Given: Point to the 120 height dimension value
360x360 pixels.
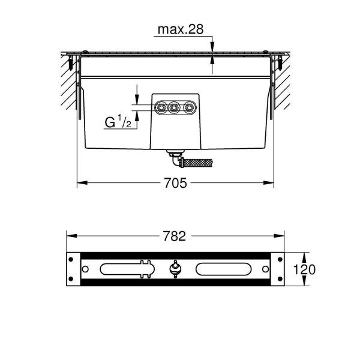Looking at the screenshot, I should coord(305,269).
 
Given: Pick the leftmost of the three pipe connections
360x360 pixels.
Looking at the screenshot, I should coord(161,108).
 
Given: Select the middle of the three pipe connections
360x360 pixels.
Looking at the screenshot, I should coord(175,108).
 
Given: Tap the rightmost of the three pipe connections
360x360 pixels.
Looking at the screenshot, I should coord(190,108).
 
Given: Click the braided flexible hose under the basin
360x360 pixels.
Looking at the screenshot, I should coord(197,162).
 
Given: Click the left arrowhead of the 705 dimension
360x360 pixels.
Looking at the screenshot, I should coord(80,182).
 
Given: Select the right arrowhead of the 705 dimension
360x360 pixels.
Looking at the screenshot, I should coord(271,182).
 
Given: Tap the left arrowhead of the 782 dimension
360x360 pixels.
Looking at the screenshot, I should coord(68,236).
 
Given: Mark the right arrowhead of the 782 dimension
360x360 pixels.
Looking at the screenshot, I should coord(282,236).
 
